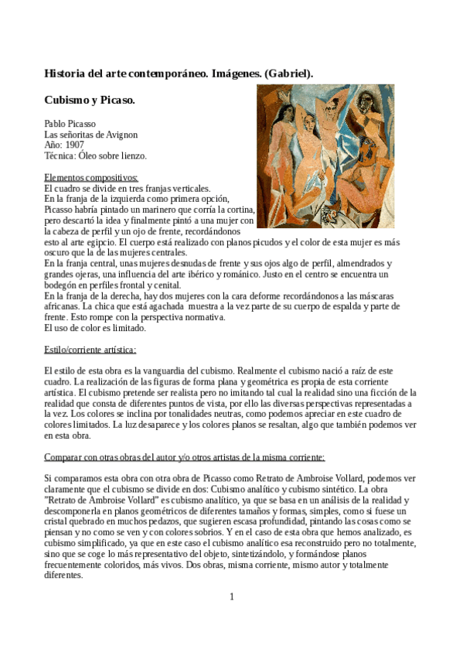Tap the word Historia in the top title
[66, 73]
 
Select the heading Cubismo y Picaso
[90, 101]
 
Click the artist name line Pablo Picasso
[70, 123]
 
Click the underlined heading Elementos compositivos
[90, 177]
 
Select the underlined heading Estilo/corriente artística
[90, 350]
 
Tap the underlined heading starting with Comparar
[184, 457]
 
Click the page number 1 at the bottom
[231, 596]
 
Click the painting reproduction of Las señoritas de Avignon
[325, 155]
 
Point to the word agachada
[150, 306]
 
